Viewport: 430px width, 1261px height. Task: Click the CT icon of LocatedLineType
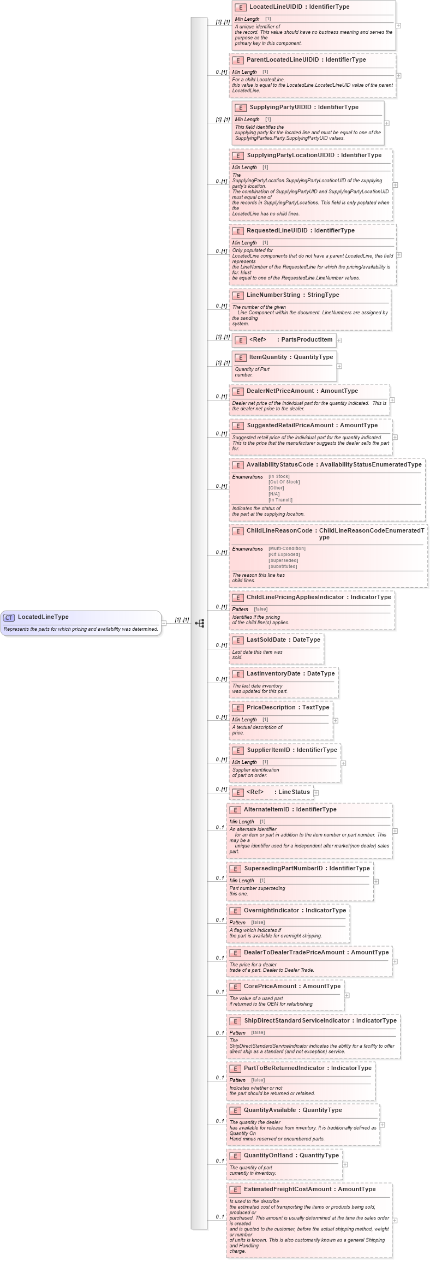click(x=9, y=617)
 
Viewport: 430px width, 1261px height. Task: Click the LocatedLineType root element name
click(x=43, y=617)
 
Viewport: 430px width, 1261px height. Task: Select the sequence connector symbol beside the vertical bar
click(x=200, y=623)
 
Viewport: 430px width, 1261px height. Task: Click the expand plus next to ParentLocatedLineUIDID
click(x=398, y=76)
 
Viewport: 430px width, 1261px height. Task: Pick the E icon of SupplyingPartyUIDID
click(x=241, y=107)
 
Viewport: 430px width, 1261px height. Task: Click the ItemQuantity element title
click(x=291, y=357)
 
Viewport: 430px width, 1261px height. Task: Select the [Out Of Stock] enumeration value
click(x=284, y=482)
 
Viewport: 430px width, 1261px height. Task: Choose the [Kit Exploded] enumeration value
click(x=284, y=554)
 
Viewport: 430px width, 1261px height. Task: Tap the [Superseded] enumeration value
click(x=283, y=560)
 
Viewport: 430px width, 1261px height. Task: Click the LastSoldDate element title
click(x=283, y=640)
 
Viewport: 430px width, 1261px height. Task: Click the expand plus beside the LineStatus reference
click(x=316, y=793)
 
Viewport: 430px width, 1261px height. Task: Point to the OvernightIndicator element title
click(x=295, y=910)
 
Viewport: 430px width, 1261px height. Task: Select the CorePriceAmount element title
click(x=292, y=986)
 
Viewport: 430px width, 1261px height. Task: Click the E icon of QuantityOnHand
click(x=235, y=1156)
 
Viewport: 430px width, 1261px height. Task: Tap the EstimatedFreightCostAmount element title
click(x=309, y=1189)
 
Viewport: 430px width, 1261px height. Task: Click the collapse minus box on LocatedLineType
click(x=164, y=623)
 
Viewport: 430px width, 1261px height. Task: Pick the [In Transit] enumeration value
click(x=280, y=500)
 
